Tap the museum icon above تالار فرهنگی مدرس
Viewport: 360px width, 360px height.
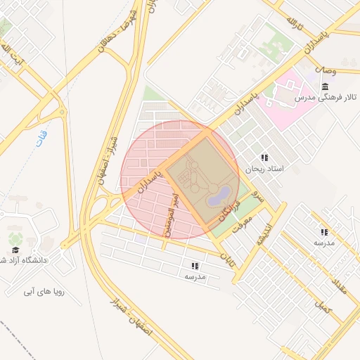click(325, 86)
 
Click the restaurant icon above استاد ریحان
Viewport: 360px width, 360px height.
click(264, 157)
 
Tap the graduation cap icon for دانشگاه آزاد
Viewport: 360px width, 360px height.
click(15, 250)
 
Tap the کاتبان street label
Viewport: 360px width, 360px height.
click(227, 258)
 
